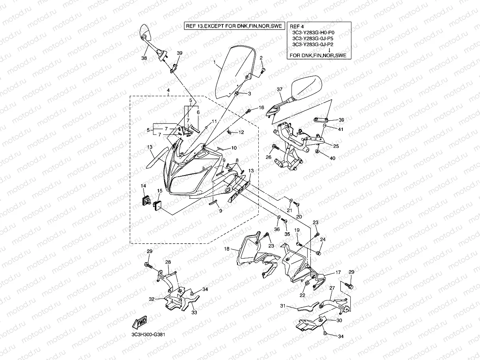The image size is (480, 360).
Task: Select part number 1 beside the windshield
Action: click(215, 62)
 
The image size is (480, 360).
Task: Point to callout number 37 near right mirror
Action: click(279, 90)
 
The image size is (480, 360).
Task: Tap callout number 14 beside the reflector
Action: click(143, 186)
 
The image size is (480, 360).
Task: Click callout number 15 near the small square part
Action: click(159, 191)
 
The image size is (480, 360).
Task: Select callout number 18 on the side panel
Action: click(227, 249)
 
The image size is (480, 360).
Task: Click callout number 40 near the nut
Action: click(332, 158)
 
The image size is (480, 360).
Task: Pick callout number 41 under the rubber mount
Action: click(340, 129)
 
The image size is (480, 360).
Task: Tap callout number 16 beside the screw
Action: click(261, 108)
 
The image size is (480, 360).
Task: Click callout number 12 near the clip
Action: click(241, 132)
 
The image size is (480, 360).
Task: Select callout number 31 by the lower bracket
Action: click(282, 306)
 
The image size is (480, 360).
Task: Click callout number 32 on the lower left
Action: click(151, 299)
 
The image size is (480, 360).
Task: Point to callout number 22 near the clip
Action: click(303, 295)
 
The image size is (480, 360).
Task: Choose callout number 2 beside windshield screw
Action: click(261, 58)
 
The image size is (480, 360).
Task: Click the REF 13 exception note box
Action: click(234, 26)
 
